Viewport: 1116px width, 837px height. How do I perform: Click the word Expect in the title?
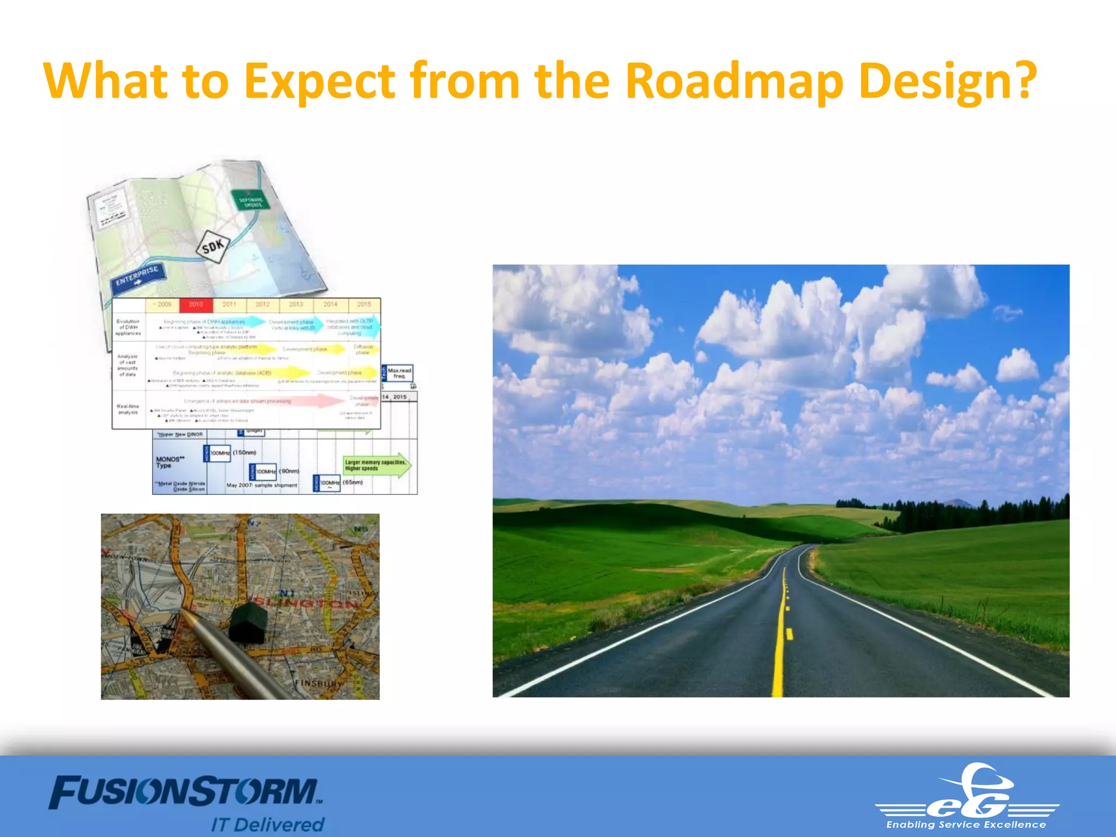(319, 82)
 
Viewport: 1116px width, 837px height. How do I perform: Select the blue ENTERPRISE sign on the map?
(138, 276)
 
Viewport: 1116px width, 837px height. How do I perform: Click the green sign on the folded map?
(250, 200)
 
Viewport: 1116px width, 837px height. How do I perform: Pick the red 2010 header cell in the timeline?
(196, 305)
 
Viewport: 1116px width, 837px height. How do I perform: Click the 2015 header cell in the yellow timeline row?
(363, 305)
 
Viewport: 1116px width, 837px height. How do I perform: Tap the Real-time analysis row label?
(128, 409)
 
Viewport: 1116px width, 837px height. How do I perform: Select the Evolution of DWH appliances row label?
(128, 327)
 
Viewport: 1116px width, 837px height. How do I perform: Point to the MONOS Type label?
(170, 462)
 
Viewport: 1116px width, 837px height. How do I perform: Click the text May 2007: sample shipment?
(262, 485)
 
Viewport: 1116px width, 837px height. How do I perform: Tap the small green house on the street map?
(248, 621)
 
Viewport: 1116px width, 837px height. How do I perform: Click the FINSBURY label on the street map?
(319, 683)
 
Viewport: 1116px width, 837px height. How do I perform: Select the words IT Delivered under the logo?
(268, 824)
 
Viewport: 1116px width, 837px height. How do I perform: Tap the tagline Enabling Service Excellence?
(966, 824)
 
